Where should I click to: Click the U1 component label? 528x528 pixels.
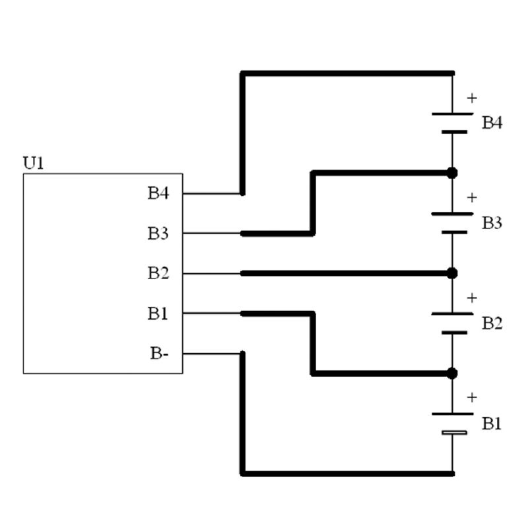coord(34,162)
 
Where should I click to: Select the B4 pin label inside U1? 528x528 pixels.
coord(158,193)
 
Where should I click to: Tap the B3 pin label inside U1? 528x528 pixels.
coord(158,233)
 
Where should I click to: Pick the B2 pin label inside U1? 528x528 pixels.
coord(158,273)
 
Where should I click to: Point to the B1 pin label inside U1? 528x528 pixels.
coord(158,313)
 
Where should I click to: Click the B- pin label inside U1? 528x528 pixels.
coord(159,354)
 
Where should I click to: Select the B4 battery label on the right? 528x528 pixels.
coord(492,122)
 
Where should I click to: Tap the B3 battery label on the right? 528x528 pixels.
coord(492,223)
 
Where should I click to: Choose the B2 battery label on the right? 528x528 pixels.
coord(492,323)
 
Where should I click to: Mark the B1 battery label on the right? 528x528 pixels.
coord(492,423)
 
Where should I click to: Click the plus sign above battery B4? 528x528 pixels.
coord(471,98)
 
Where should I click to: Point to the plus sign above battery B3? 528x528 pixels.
coord(471,197)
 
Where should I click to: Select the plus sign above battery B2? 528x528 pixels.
coord(471,298)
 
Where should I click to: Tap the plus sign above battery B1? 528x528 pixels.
coord(471,397)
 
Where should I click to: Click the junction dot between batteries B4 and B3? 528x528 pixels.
coord(452,173)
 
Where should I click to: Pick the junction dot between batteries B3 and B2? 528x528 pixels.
coord(452,273)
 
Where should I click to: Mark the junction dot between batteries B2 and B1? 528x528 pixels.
coord(452,374)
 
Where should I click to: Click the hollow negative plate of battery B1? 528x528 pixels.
coord(453,433)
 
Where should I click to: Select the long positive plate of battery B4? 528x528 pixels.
coord(452,114)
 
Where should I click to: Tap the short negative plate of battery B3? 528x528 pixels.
coord(452,232)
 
